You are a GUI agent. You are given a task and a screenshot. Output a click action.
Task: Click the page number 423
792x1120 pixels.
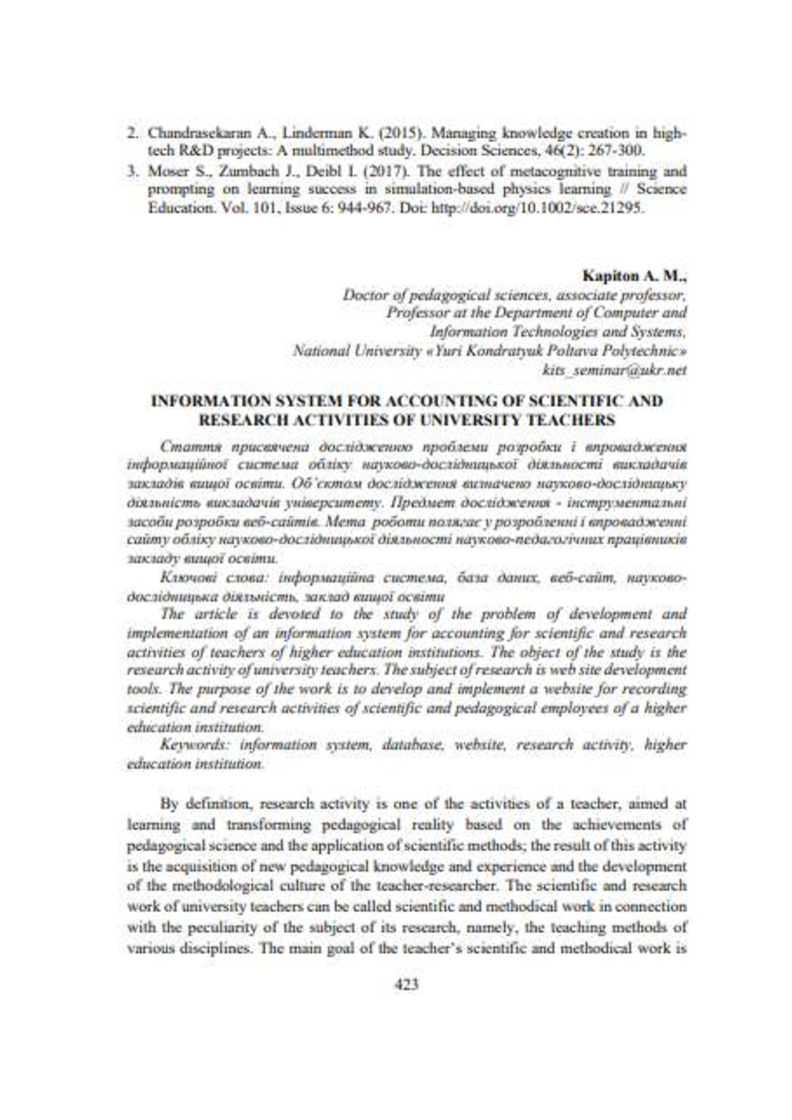tap(407, 985)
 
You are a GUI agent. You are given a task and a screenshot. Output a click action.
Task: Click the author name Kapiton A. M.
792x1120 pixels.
tap(634, 276)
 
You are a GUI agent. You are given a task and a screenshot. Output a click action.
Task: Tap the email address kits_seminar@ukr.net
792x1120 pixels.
tap(614, 370)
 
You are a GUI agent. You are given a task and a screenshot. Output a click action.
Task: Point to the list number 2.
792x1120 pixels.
tap(132, 133)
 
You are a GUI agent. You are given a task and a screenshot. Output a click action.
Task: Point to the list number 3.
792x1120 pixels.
tap(132, 172)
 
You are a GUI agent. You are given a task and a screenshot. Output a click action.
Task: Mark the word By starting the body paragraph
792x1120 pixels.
tap(169, 803)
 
